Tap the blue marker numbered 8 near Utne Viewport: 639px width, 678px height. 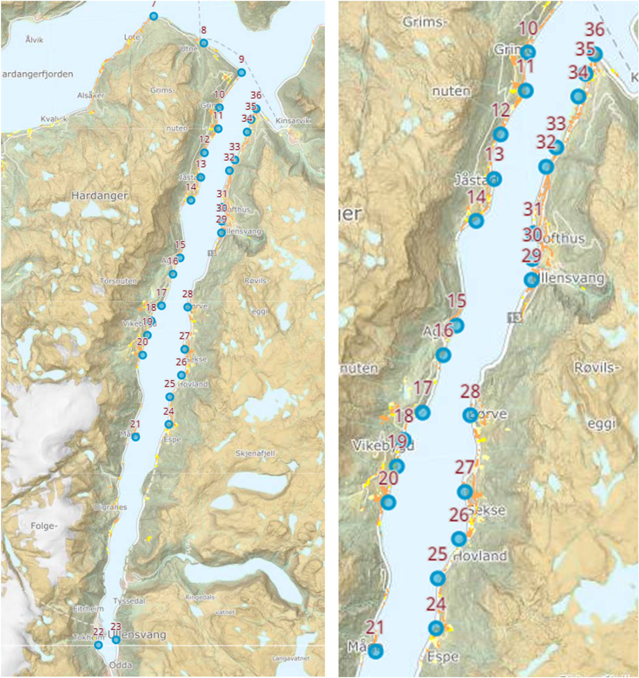pos(203,43)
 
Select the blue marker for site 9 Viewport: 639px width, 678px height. pos(241,72)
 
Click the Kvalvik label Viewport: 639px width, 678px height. pos(54,119)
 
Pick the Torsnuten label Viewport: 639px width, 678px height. pos(118,281)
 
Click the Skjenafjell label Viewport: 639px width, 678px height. pos(255,453)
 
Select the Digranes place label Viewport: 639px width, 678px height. pos(110,507)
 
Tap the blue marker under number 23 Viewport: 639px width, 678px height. pos(116,640)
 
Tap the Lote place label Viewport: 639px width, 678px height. pos(132,37)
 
